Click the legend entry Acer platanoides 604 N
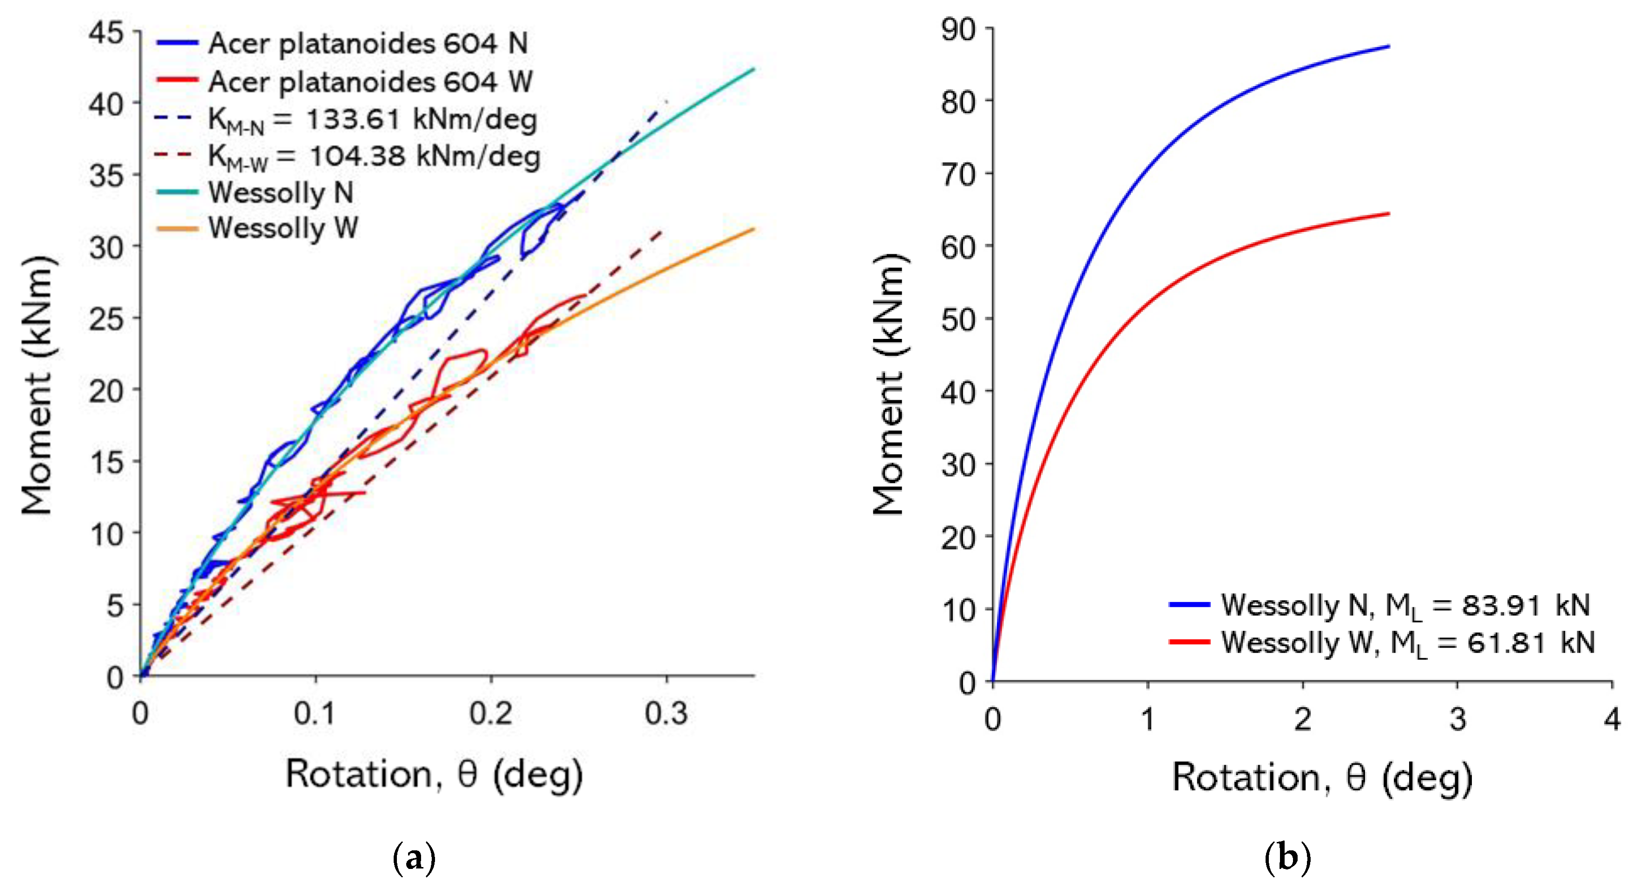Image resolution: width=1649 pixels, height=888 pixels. (x=368, y=44)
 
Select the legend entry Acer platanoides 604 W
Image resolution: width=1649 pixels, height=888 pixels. (x=370, y=82)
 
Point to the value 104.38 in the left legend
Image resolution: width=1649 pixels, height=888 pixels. (x=357, y=156)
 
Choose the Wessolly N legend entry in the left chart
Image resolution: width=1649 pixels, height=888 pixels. (x=280, y=192)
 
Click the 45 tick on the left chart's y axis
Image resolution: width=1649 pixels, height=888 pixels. (x=106, y=32)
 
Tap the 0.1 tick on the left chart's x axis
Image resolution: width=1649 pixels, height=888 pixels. (x=315, y=713)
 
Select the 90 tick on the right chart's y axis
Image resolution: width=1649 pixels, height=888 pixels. (x=958, y=29)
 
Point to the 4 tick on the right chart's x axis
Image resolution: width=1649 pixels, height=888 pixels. (x=1612, y=718)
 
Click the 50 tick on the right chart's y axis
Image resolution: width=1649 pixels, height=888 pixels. (x=958, y=319)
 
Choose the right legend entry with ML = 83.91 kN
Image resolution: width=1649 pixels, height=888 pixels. (x=1405, y=605)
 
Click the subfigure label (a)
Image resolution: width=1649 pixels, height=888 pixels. (x=414, y=858)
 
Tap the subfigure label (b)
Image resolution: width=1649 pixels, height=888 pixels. (x=1288, y=858)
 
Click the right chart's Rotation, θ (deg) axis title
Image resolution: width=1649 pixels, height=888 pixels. (x=1322, y=778)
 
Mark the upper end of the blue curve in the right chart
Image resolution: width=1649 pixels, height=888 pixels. (x=1388, y=46)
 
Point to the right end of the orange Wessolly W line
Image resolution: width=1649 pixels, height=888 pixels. (x=753, y=229)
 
